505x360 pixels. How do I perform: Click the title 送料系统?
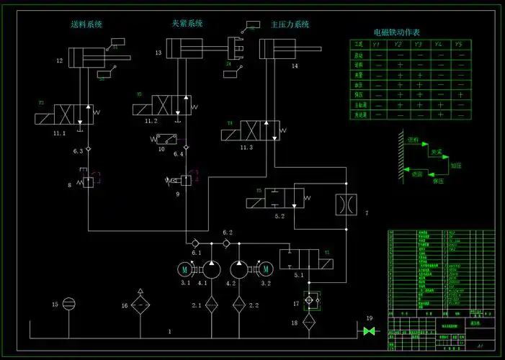click(x=86, y=24)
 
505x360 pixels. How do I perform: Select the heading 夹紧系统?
click(x=187, y=23)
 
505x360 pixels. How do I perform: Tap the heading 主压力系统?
click(x=290, y=24)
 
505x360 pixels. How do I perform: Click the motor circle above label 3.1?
click(x=185, y=269)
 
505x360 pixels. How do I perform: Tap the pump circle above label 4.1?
click(x=210, y=269)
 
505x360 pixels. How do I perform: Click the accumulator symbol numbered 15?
click(x=69, y=304)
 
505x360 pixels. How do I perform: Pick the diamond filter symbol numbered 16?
click(x=140, y=305)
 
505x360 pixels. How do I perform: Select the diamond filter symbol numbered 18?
click(x=309, y=320)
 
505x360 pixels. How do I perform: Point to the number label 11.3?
click(x=247, y=147)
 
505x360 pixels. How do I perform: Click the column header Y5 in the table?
click(x=459, y=45)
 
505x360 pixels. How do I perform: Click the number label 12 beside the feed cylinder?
click(x=61, y=62)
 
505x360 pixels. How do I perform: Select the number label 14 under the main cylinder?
click(x=295, y=66)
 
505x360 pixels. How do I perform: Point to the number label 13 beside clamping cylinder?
click(x=158, y=53)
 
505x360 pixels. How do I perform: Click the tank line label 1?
click(x=170, y=332)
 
